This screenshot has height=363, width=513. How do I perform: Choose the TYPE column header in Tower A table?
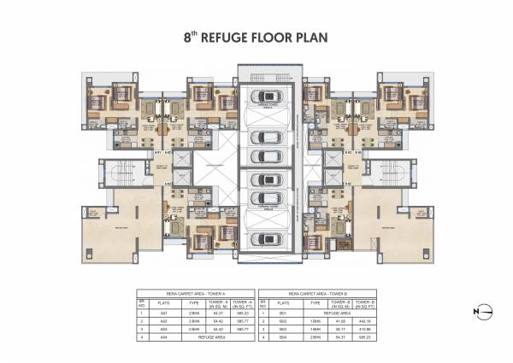[x=193, y=302]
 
